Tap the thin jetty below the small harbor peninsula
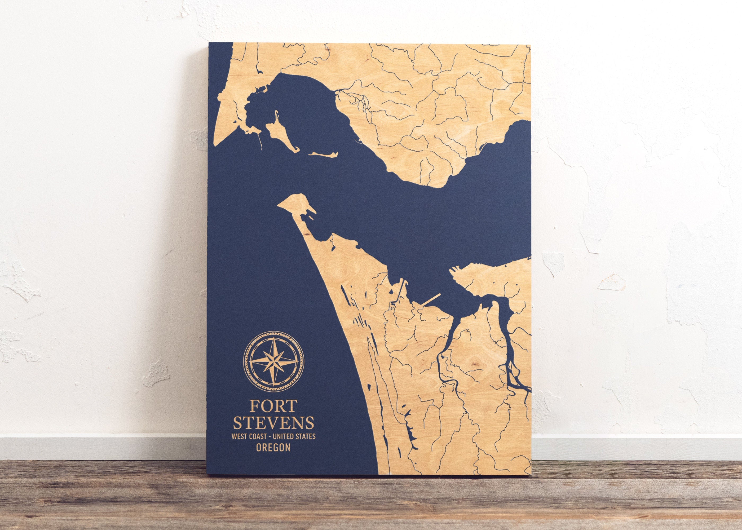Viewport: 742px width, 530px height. [260, 141]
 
